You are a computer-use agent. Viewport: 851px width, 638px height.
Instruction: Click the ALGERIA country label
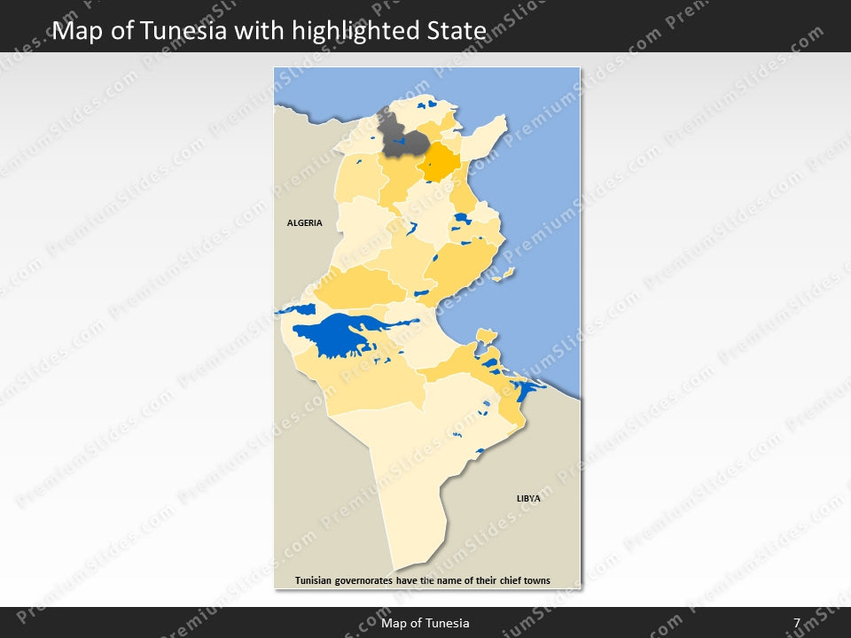(x=305, y=223)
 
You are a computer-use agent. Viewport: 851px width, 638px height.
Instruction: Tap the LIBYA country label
(x=528, y=499)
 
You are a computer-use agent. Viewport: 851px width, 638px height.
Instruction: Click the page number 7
(x=797, y=623)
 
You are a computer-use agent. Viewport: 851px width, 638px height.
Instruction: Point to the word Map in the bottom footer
(x=394, y=623)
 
